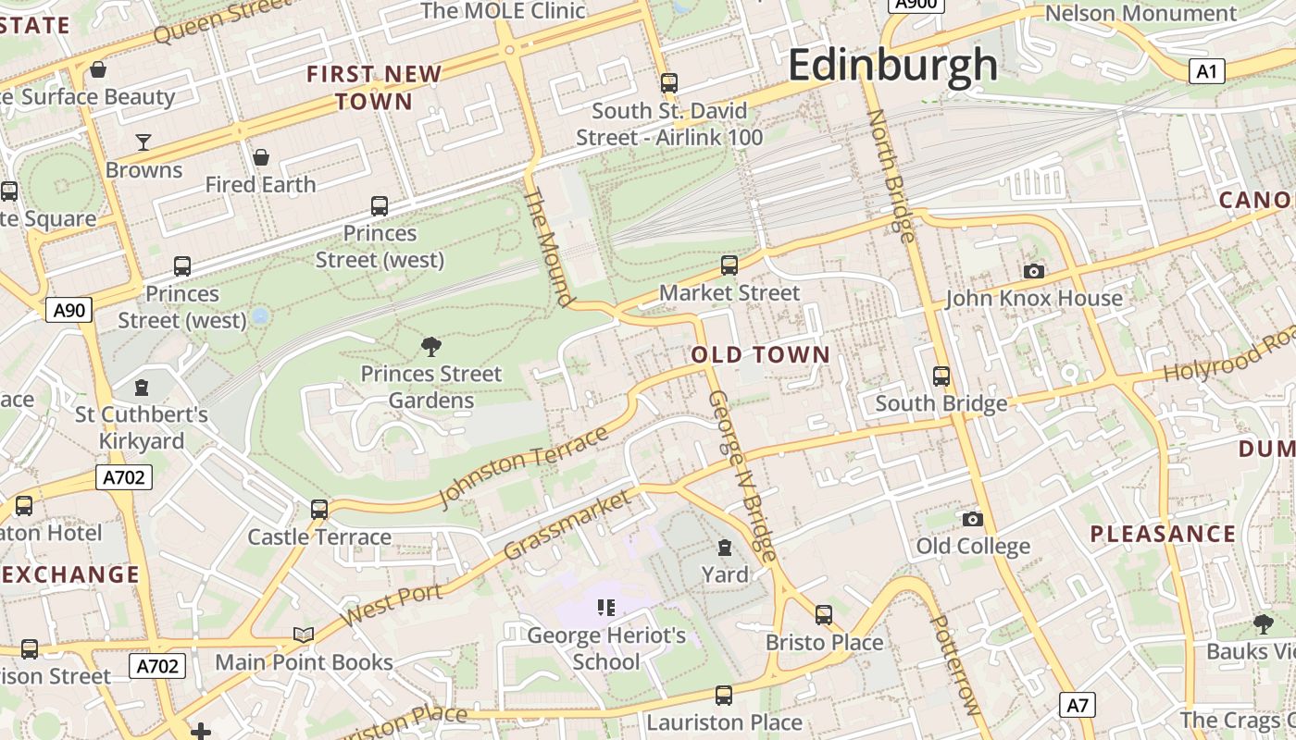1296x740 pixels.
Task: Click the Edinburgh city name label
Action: (893, 66)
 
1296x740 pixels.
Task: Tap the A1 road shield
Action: (1206, 71)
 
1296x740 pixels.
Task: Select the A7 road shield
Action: (1078, 706)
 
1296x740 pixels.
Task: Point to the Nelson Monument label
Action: (1140, 13)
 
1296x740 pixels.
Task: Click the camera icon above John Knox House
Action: (1034, 271)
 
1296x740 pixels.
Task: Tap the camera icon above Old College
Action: (972, 519)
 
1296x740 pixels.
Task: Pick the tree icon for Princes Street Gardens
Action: (430, 347)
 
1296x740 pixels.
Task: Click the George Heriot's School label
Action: (606, 648)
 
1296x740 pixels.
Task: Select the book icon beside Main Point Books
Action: (304, 635)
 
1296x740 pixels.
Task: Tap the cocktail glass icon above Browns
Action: (143, 142)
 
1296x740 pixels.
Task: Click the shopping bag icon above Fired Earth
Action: (261, 157)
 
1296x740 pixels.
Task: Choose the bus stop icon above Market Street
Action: (729, 265)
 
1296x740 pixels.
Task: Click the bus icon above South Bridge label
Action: (941, 376)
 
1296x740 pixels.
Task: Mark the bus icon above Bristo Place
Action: (824, 615)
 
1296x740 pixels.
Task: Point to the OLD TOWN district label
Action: (761, 354)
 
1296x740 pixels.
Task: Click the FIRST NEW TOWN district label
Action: (375, 87)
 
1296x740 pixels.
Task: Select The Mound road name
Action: (548, 247)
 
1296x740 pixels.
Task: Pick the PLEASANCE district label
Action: (1163, 534)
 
